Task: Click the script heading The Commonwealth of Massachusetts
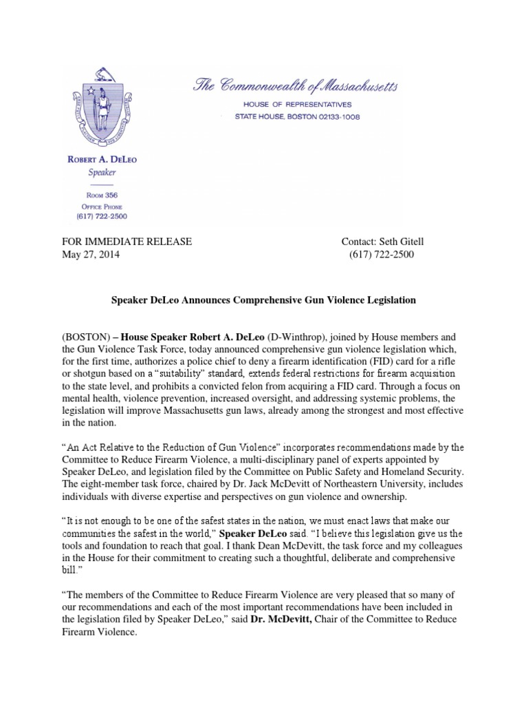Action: point(294,86)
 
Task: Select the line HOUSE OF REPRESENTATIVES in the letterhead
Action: point(294,104)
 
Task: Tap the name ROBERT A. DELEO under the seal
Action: point(102,160)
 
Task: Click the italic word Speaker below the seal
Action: point(102,172)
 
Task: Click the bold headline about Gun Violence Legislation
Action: point(264,301)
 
